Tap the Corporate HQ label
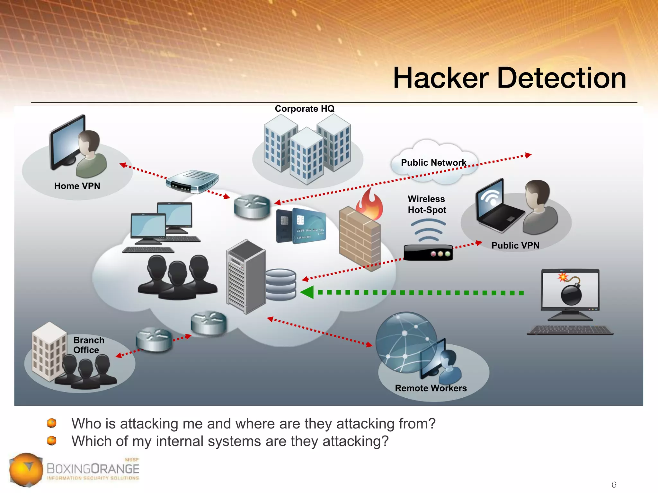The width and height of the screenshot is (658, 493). click(305, 109)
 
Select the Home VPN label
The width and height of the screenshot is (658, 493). click(77, 186)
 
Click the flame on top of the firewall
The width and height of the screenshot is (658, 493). click(370, 204)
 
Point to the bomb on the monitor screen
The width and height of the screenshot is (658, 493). click(571, 293)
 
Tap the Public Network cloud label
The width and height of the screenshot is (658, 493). click(433, 162)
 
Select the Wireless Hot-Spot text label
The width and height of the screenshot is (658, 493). click(427, 204)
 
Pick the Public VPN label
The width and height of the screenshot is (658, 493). click(515, 246)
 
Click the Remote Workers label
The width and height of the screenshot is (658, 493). click(431, 388)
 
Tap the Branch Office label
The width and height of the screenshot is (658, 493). click(88, 345)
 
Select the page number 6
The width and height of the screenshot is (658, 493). click(614, 484)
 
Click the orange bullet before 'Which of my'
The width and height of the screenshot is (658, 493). click(52, 441)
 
